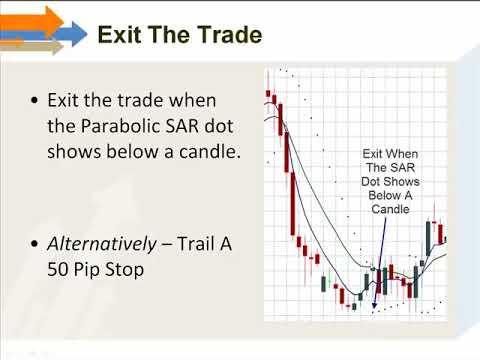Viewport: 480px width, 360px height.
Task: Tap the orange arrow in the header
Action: coord(32,21)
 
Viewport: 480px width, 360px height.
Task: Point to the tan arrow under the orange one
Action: coord(32,46)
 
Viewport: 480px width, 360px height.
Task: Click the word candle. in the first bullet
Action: coord(210,152)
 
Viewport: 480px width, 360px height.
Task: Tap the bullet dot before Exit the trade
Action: coord(35,100)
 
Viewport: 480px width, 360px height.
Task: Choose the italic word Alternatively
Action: coord(102,244)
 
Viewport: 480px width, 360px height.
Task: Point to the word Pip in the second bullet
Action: coord(86,269)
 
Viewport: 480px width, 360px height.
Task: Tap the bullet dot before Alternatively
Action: coord(35,244)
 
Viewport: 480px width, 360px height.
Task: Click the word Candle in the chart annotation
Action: coord(390,209)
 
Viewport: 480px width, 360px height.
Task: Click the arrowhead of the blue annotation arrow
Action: coord(374,304)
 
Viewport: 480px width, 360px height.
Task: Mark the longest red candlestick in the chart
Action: coord(293,203)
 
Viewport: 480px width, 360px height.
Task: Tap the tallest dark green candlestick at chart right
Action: coord(428,238)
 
